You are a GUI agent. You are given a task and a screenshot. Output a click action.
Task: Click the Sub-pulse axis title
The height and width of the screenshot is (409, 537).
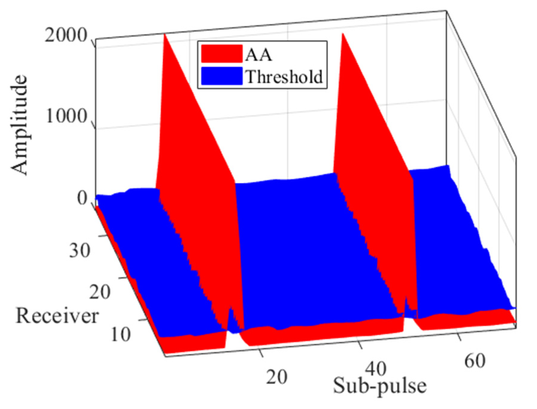tap(379, 386)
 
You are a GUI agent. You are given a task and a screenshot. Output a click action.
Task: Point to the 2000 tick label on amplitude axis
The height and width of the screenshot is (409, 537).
tap(66, 36)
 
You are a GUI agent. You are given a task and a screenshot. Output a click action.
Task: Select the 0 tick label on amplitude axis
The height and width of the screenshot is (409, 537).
tap(82, 198)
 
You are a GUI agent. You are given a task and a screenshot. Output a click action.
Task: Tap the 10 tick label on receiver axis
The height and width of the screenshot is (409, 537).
tap(120, 334)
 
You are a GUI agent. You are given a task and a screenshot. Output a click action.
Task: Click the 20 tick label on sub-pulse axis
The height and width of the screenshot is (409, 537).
tap(276, 377)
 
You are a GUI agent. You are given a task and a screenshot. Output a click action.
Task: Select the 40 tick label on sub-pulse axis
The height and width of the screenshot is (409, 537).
tap(376, 369)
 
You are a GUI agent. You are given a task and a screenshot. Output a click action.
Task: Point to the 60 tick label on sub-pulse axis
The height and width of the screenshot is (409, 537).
tap(475, 361)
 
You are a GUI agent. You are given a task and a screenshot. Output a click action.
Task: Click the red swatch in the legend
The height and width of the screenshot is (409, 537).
tap(221, 54)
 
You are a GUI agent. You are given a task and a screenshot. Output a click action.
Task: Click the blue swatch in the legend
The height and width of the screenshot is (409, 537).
tap(221, 76)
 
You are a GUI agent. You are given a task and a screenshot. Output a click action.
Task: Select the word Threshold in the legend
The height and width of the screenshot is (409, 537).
tap(284, 77)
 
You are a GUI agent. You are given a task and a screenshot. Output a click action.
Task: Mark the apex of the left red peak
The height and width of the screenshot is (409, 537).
tap(164, 35)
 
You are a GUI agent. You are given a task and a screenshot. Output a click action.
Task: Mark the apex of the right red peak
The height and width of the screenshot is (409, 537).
tap(342, 34)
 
